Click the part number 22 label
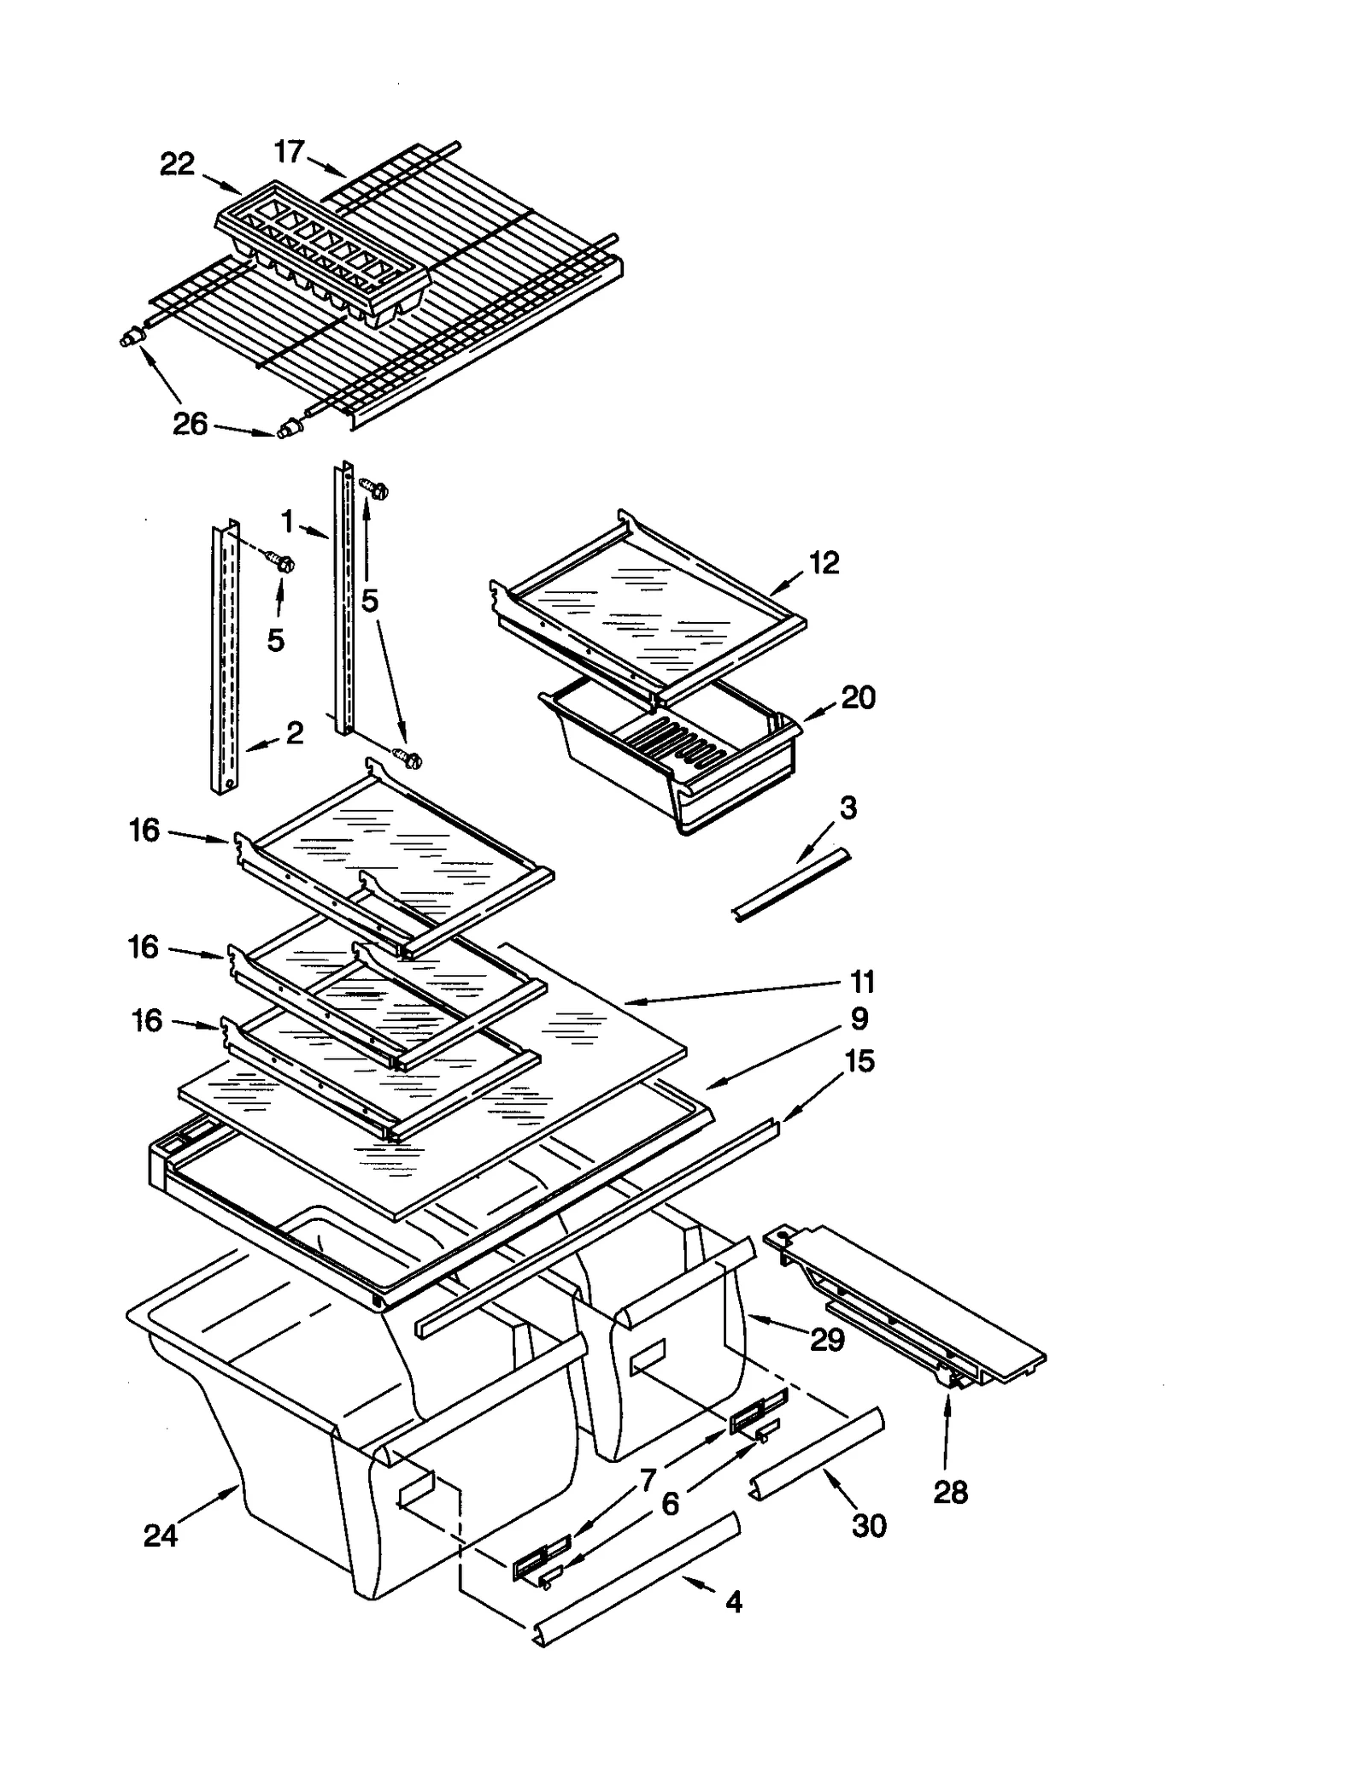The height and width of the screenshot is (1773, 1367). tap(177, 164)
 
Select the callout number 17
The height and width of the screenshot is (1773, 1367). tap(289, 152)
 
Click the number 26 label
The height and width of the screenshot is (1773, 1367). tap(190, 424)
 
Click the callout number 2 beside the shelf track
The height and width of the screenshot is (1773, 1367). tap(295, 732)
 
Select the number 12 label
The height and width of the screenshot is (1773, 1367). tap(824, 562)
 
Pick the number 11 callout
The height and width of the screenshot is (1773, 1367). tap(863, 983)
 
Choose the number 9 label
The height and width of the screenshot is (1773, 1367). tap(859, 1019)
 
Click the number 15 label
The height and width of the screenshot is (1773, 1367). tap(859, 1061)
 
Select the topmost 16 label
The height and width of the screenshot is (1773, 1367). tap(144, 830)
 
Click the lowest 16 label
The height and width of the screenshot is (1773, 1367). tap(147, 1020)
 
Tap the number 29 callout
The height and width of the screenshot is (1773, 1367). tap(827, 1340)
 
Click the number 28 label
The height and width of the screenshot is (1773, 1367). tap(950, 1493)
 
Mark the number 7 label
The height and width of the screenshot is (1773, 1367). tap(648, 1479)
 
